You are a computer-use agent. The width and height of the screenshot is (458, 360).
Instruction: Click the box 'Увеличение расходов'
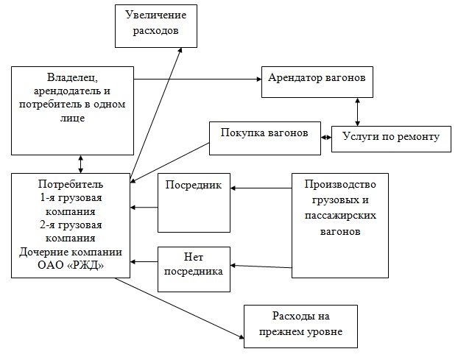(x=155, y=24)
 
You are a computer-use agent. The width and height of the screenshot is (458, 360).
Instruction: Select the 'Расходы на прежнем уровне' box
(x=300, y=325)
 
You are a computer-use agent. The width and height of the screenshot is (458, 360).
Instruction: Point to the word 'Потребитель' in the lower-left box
(x=71, y=183)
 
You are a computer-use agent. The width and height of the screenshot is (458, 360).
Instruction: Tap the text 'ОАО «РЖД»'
(x=71, y=266)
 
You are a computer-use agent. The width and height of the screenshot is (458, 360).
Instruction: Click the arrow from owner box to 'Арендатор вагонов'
(x=199, y=77)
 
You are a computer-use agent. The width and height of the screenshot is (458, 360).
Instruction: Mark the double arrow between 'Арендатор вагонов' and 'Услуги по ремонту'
(x=357, y=112)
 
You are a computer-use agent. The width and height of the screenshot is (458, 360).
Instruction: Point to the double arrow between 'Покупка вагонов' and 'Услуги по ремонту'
(x=326, y=137)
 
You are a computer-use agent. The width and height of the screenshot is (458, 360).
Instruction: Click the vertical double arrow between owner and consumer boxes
(x=80, y=161)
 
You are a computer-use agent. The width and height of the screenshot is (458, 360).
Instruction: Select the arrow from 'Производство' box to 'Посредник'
(x=261, y=188)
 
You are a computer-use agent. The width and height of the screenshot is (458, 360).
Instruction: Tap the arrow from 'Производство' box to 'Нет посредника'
(x=261, y=264)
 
